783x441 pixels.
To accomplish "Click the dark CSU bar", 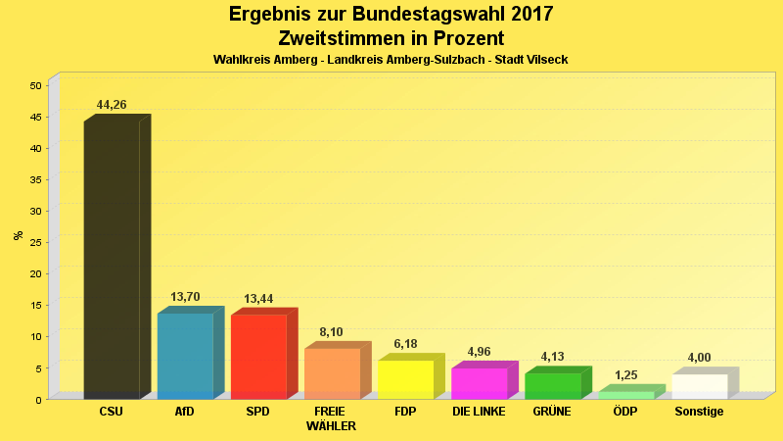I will pos(112,260).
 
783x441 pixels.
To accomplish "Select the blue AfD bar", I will pos(185,356).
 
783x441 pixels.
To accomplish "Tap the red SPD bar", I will pos(258,357).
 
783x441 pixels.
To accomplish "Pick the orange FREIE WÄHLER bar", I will pos(332,373).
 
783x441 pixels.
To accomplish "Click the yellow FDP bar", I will pos(405,379).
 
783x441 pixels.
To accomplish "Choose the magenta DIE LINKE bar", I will pos(479,383).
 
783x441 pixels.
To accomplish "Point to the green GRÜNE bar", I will pos(552,386).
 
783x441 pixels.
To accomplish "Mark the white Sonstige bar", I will pos(699,386).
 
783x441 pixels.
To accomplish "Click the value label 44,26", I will pos(112,105).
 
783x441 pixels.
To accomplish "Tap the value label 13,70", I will pos(185,297).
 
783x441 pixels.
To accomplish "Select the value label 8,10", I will pos(332,332).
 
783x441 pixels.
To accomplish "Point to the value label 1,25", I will pos(625,375).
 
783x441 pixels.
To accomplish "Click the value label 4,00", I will pos(699,358).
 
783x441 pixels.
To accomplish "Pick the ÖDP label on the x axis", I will pos(625,412).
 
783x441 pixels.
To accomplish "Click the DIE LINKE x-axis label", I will pos(479,412).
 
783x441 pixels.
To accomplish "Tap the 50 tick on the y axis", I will pos(35,85).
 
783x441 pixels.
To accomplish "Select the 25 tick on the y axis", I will pos(35,242).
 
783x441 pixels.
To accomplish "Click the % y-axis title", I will pos(18,235).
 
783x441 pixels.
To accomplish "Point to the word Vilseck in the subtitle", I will pos(546,60).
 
